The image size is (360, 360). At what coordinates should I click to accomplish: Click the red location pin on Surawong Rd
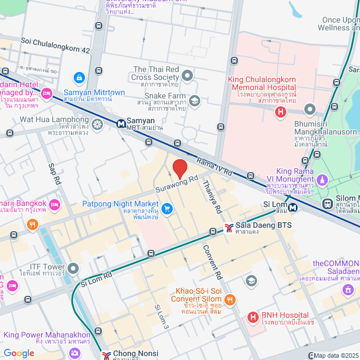pyautogui.click(x=179, y=168)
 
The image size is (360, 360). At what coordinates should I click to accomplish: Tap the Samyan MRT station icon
pyautogui.click(x=121, y=123)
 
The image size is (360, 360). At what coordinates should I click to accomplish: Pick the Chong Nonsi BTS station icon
pyautogui.click(x=106, y=354)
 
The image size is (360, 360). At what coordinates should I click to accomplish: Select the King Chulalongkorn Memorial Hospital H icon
pyautogui.click(x=280, y=112)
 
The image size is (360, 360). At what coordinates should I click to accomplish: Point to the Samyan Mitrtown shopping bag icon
pyautogui.click(x=79, y=77)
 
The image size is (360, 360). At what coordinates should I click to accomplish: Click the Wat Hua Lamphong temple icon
pyautogui.click(x=97, y=124)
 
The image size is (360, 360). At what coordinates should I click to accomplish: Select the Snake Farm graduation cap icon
pyautogui.click(x=195, y=101)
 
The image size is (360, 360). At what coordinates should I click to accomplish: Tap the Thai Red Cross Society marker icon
pyautogui.click(x=187, y=74)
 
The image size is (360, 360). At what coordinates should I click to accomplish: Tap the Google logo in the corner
pyautogui.click(x=19, y=353)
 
